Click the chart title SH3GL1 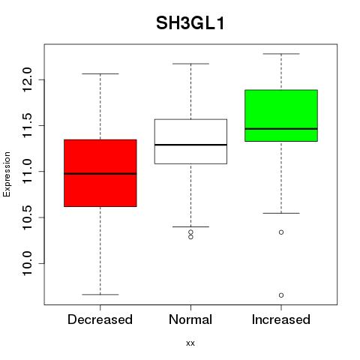tap(190, 23)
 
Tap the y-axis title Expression tap(7, 174)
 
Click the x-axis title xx tap(190, 343)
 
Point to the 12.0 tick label tap(27, 79)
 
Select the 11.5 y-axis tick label tap(27, 125)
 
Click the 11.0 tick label tap(27, 172)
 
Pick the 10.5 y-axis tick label tap(27, 217)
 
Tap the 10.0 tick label tap(27, 263)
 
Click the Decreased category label tap(100, 319)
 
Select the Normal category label tap(190, 319)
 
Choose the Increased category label tap(281, 319)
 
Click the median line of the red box tap(100, 174)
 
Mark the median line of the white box tap(190, 145)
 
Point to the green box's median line tap(281, 129)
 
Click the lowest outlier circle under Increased tap(281, 295)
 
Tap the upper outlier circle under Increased tap(281, 232)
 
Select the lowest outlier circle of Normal tap(190, 237)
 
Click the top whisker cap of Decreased tap(100, 74)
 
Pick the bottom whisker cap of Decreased tap(100, 295)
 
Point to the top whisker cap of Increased tap(281, 54)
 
